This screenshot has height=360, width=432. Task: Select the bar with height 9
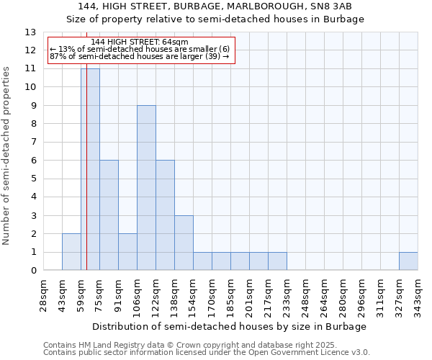[x=146, y=188]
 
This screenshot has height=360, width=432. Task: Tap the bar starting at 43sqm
[x=71, y=252]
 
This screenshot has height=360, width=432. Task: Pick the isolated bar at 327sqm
[x=408, y=261]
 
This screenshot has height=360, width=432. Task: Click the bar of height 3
[x=184, y=243]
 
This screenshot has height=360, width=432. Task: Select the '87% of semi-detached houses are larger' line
[x=140, y=56]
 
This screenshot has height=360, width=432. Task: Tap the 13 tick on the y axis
[x=30, y=32]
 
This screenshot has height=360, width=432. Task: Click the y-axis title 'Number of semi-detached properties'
[x=7, y=156]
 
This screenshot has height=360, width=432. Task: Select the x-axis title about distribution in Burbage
[x=230, y=326]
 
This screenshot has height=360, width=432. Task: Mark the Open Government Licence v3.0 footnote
[x=207, y=353]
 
